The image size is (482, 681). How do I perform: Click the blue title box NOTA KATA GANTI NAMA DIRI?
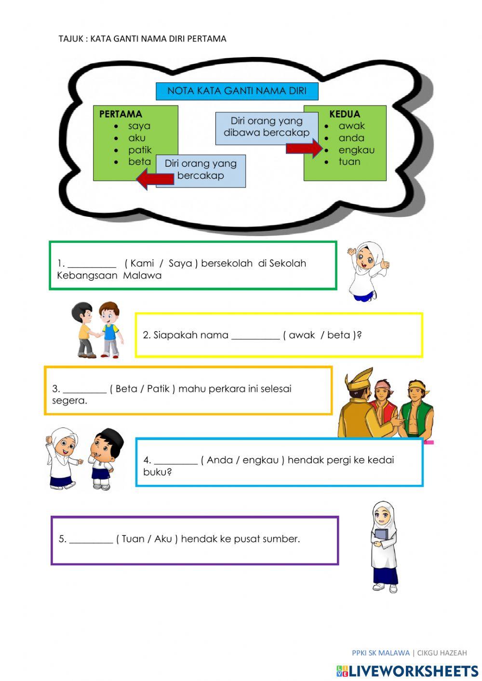click(237, 91)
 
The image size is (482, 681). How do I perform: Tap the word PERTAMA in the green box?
click(120, 114)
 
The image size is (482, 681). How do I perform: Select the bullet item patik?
click(140, 150)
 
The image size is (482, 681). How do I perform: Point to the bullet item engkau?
click(356, 150)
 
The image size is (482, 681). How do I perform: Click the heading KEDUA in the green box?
click(345, 114)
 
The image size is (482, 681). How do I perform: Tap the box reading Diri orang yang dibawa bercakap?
click(267, 127)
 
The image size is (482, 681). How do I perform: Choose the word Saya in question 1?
click(180, 264)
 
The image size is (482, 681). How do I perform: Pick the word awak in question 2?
click(302, 335)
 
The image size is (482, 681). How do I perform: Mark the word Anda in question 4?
click(220, 460)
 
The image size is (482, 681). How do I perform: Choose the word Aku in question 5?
click(163, 539)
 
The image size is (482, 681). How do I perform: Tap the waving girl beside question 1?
click(367, 270)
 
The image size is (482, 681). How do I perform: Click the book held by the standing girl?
click(381, 534)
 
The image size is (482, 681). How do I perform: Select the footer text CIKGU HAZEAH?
click(442, 653)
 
